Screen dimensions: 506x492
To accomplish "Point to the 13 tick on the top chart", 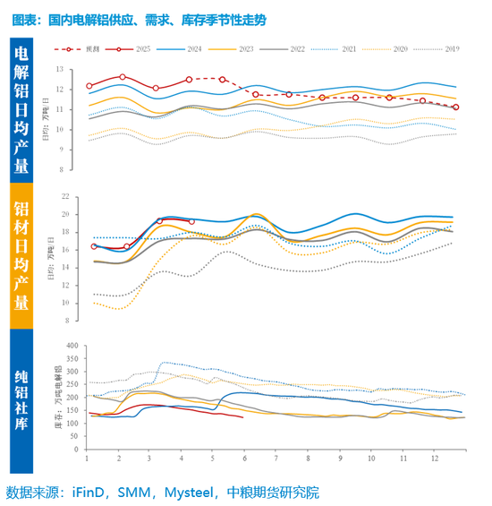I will point(60,69).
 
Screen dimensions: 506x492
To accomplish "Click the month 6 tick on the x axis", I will point(244,459).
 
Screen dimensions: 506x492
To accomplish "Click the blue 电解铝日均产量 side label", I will point(21,108).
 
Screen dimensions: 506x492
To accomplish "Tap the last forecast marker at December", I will point(456,107).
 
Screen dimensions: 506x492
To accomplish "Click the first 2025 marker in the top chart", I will point(89,86).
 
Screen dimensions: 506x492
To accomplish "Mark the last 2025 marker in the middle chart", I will point(192,221).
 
